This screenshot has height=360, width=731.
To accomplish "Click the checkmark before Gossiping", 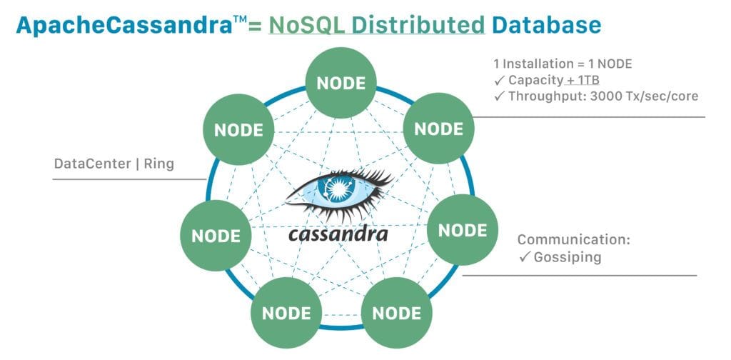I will [x=525, y=257].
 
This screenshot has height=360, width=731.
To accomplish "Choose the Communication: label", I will [x=573, y=239].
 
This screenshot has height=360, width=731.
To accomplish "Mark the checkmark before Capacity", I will [x=500, y=80].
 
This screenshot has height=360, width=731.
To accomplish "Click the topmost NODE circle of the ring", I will [x=341, y=83].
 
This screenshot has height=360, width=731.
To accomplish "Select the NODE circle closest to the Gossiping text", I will [x=462, y=231].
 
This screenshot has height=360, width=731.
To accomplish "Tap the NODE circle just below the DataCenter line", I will [x=215, y=235].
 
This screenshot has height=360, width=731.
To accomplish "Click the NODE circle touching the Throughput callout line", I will [x=439, y=129].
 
